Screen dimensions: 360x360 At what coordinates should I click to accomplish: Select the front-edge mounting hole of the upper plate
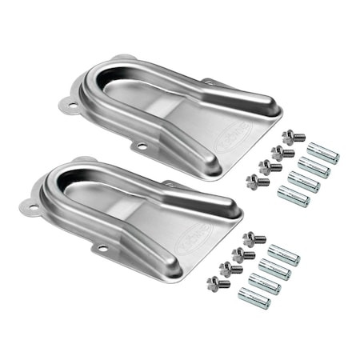(x=142, y=147)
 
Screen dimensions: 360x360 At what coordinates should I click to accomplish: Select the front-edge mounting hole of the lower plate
(x=102, y=249)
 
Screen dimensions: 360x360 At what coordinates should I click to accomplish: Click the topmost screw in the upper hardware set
(x=293, y=138)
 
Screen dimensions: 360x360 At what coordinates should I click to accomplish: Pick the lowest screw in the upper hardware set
(x=258, y=182)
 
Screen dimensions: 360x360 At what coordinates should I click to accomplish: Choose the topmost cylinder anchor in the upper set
(x=323, y=153)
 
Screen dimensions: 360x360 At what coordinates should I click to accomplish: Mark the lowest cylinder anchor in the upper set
(x=292, y=195)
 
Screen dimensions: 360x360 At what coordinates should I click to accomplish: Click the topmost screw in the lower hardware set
(x=254, y=238)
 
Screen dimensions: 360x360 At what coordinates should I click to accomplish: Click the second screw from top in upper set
(x=282, y=152)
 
